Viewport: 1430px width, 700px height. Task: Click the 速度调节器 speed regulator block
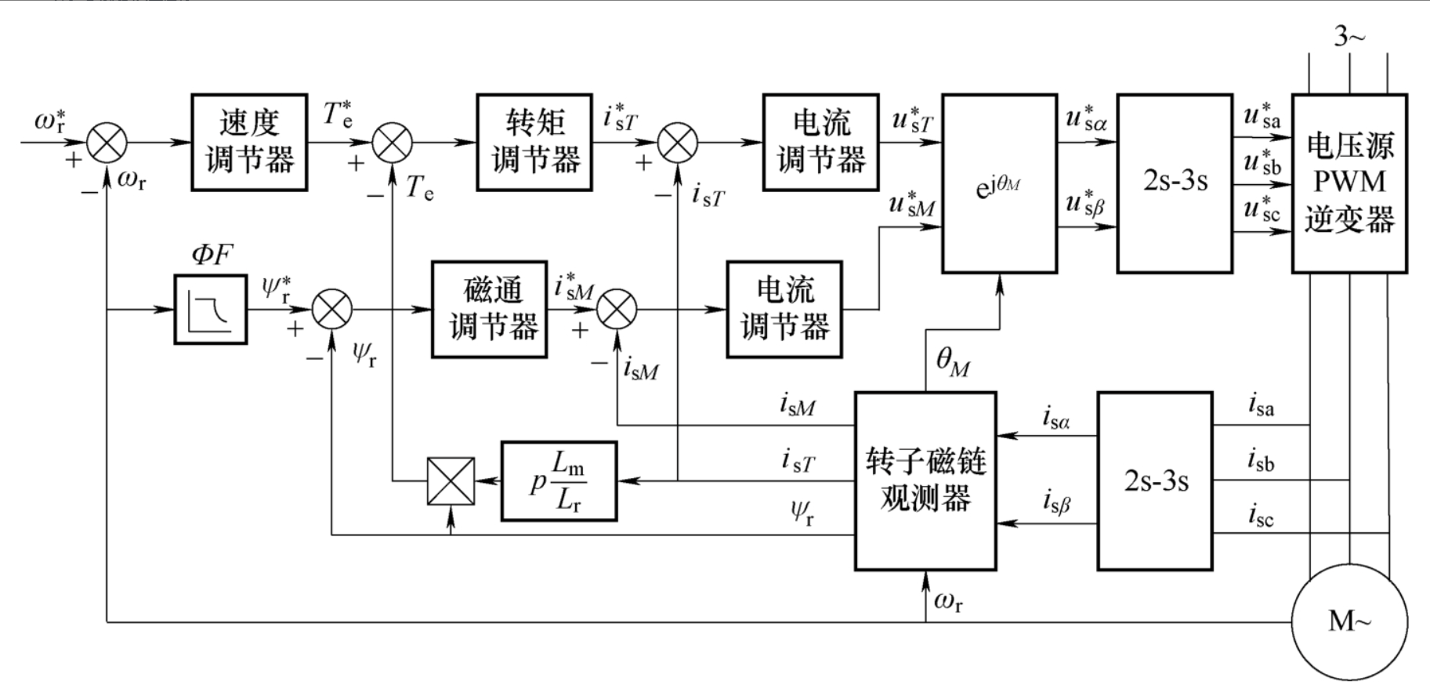249,143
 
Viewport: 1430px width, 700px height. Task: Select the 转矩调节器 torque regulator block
534,143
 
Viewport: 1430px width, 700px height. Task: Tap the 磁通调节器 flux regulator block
489,310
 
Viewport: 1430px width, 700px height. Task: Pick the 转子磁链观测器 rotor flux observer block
925,481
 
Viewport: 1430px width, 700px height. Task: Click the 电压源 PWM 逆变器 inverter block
1349,183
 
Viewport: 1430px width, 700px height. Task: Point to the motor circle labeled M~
1349,621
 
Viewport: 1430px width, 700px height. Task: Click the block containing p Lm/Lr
559,481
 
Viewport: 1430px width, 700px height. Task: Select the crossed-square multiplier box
451,481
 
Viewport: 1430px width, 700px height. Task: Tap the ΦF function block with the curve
210,310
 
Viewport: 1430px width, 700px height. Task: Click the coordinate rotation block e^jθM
999,183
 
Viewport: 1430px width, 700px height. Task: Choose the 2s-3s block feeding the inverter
1175,183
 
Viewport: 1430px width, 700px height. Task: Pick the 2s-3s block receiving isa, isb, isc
1155,481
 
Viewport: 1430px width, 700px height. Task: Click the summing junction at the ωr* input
106,143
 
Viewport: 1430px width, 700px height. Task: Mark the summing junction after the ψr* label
332,310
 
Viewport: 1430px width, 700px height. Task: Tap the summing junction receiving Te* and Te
392,143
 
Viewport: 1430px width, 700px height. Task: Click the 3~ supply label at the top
1349,36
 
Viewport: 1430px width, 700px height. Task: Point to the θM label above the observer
953,361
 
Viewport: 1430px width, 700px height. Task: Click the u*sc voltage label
1262,209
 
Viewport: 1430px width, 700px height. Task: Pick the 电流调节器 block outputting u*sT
820,143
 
